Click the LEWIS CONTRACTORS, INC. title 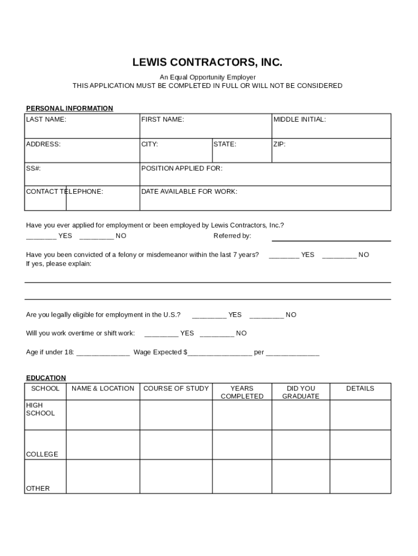pyautogui.click(x=207, y=62)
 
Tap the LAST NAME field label pyautogui.click(x=46, y=119)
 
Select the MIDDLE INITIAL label pyautogui.click(x=300, y=119)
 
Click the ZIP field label pyautogui.click(x=280, y=144)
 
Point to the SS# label pyautogui.click(x=33, y=168)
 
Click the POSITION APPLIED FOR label pyautogui.click(x=182, y=168)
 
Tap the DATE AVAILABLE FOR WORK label pyautogui.click(x=189, y=192)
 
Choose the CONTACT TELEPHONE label pyautogui.click(x=65, y=192)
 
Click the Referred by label pyautogui.click(x=232, y=236)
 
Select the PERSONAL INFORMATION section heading pyautogui.click(x=69, y=109)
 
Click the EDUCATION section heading pyautogui.click(x=46, y=378)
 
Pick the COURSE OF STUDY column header pyautogui.click(x=176, y=389)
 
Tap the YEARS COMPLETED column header pyautogui.click(x=242, y=392)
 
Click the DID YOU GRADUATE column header pyautogui.click(x=301, y=392)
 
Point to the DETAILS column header pyautogui.click(x=360, y=389)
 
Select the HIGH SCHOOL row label pyautogui.click(x=41, y=409)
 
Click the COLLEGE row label pyautogui.click(x=42, y=454)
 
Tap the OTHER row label pyautogui.click(x=38, y=489)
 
